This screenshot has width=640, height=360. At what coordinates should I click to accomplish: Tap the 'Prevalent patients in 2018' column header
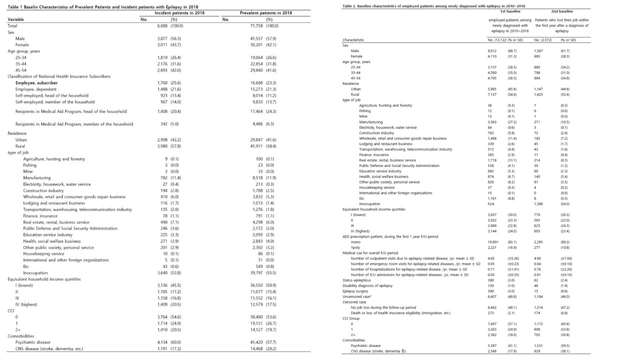click(x=266, y=12)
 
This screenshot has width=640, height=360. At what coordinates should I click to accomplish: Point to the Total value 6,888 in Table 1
click(x=165, y=25)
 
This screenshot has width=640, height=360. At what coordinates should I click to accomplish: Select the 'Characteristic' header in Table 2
click(x=353, y=39)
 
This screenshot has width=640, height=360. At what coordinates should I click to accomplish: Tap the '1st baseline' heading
click(x=508, y=11)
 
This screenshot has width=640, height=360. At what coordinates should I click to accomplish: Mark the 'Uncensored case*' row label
click(x=356, y=296)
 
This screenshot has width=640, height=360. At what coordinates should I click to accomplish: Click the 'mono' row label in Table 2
click(x=355, y=241)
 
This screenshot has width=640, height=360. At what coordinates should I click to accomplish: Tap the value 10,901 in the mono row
click(x=493, y=241)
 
